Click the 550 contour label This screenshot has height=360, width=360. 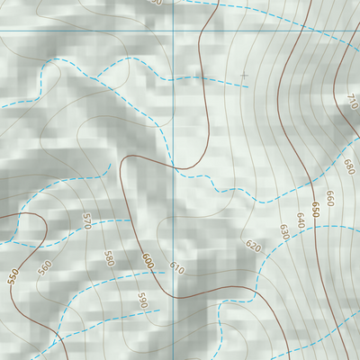pyautogui.click(x=13, y=275)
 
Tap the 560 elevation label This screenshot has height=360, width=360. pyautogui.click(x=45, y=266)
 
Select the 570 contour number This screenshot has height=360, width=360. pyautogui.click(x=87, y=221)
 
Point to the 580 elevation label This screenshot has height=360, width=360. pyautogui.click(x=109, y=258)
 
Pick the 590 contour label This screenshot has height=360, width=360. pyautogui.click(x=141, y=299)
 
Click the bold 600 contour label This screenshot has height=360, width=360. pyautogui.click(x=147, y=261)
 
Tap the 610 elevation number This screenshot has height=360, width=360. pyautogui.click(x=176, y=268)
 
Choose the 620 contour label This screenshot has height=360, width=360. pyautogui.click(x=253, y=246)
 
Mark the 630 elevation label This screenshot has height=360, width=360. pyautogui.click(x=284, y=232)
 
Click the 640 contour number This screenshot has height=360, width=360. pyautogui.click(x=300, y=220)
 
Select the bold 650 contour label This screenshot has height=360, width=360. pyautogui.click(x=315, y=209)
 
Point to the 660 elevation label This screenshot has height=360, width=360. pyautogui.click(x=329, y=197)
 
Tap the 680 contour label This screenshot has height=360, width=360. pyautogui.click(x=348, y=166)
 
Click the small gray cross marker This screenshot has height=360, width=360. pyautogui.click(x=243, y=76)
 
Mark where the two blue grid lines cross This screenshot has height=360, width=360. pyautogui.click(x=173, y=31)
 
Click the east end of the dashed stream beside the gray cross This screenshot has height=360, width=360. pyautogui.click(x=247, y=87)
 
